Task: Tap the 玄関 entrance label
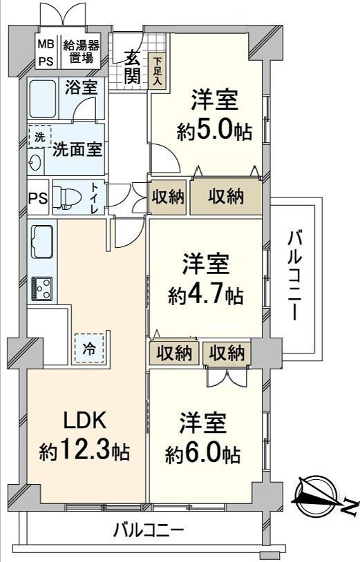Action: point(133,67)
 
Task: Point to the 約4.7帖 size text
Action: point(205,296)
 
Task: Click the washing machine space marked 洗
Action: point(39,137)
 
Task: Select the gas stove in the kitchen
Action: point(41,289)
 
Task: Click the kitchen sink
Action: point(42,241)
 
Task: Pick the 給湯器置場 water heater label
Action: point(81,50)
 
